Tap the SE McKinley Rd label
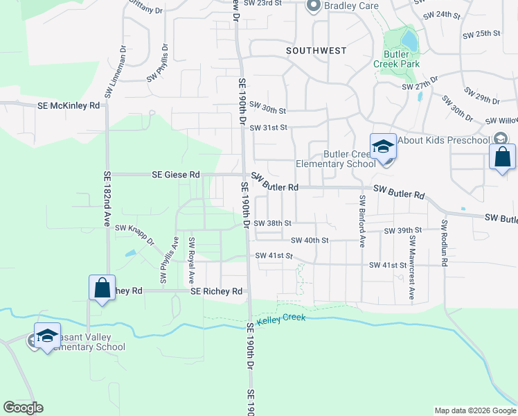pos(69,105)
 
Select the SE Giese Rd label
pos(176,175)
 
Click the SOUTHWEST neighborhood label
pos(316,51)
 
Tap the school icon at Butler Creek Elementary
pos(383,147)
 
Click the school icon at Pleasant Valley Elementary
pos(47,336)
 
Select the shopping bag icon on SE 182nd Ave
pos(102,287)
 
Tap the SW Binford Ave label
pos(361,221)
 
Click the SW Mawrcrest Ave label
pos(412,267)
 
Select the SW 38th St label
pos(272,223)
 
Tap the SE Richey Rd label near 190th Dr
pos(217,292)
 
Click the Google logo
pos(23,408)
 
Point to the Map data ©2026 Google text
pos(474,410)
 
